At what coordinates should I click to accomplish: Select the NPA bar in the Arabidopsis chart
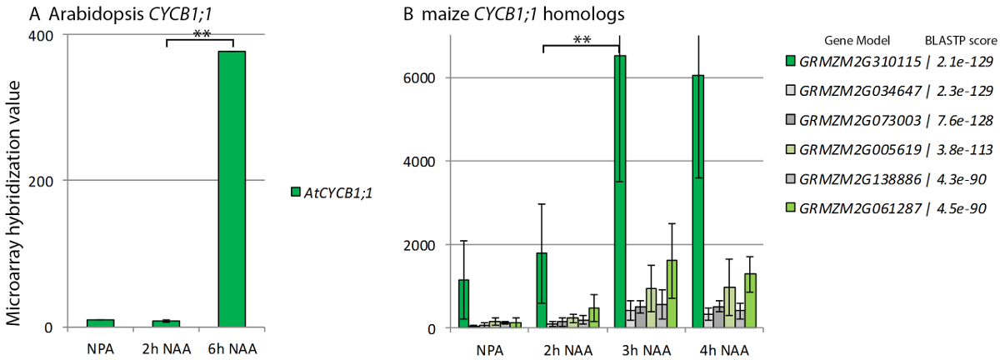click(x=100, y=322)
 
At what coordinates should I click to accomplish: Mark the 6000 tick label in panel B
click(x=427, y=78)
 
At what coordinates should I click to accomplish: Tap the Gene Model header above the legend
click(x=857, y=40)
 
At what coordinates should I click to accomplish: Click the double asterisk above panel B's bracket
click(x=581, y=37)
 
